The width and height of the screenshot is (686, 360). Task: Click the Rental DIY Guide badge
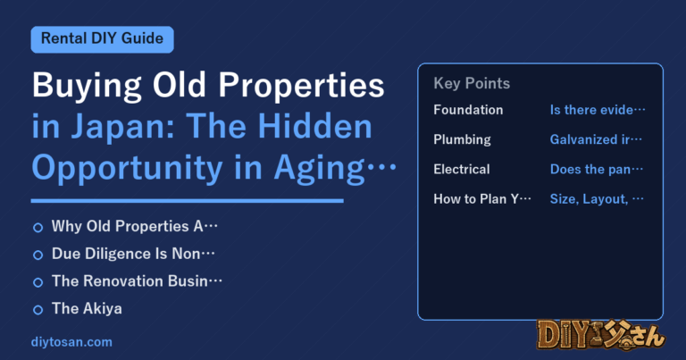click(x=102, y=39)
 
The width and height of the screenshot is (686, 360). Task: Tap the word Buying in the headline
click(x=87, y=86)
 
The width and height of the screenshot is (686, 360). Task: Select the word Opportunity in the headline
click(x=127, y=169)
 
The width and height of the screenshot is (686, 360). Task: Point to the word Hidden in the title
click(x=314, y=126)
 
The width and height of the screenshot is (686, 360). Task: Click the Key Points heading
click(x=472, y=83)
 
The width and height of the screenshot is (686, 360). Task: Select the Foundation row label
click(x=468, y=110)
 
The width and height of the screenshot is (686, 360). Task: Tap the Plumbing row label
click(x=462, y=139)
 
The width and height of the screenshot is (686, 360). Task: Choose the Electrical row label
click(x=462, y=170)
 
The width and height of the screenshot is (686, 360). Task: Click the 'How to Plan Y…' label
click(x=482, y=199)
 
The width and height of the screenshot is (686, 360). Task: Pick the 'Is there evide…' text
click(x=598, y=110)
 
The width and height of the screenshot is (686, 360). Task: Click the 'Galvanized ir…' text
click(x=596, y=139)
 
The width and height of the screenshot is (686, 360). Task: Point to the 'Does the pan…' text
click(x=597, y=170)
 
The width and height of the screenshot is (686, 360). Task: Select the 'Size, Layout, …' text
click(x=597, y=199)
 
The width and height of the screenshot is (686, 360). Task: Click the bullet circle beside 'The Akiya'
click(x=38, y=310)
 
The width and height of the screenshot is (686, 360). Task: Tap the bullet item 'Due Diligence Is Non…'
click(x=133, y=254)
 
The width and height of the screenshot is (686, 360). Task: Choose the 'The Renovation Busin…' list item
click(x=137, y=281)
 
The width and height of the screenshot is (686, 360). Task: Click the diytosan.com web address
click(x=71, y=342)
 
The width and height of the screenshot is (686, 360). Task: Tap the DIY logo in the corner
click(x=600, y=335)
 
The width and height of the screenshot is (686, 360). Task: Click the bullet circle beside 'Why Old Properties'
click(x=38, y=228)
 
